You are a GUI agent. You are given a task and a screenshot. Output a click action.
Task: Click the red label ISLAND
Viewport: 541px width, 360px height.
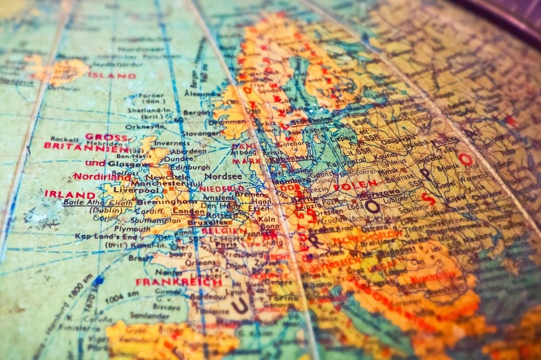click(111, 75)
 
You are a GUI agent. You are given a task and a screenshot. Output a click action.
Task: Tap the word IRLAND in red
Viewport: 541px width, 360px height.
click(62, 194)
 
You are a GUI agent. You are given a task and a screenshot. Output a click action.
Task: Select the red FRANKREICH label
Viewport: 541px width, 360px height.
click(179, 282)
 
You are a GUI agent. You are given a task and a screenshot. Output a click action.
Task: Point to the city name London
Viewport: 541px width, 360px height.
click(189, 211)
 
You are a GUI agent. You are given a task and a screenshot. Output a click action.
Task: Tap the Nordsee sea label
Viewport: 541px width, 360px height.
click(223, 176)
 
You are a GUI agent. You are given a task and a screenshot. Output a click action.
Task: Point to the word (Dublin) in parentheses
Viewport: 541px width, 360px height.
click(106, 210)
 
